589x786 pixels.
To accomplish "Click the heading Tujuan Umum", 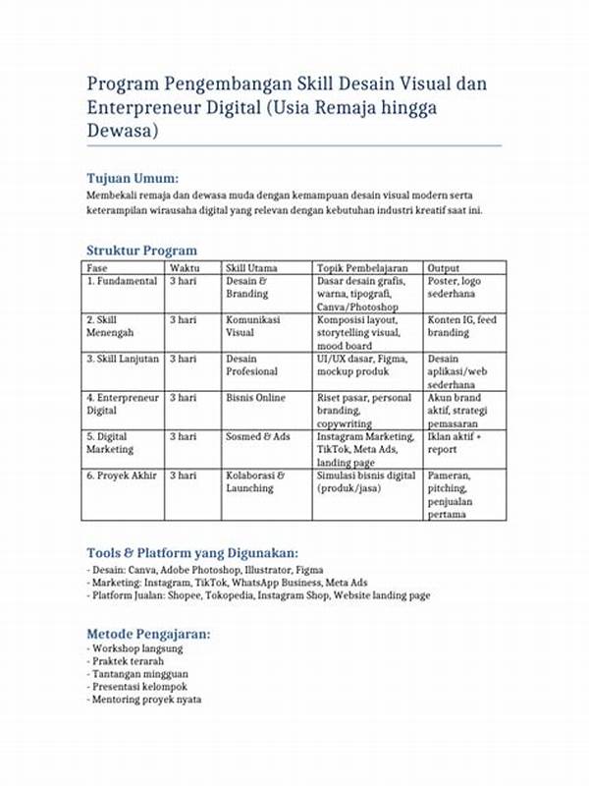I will tap(133, 178).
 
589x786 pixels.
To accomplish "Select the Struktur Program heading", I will tap(141, 251).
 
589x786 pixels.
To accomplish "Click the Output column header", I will tap(444, 267).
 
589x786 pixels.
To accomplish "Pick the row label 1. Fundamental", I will tap(122, 281).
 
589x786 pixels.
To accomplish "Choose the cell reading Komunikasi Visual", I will tap(253, 326).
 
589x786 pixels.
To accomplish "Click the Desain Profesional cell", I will tap(252, 365).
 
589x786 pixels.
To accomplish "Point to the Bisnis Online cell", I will tap(255, 398).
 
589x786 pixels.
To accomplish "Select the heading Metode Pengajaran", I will tap(148, 634).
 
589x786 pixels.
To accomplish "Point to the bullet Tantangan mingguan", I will tap(138, 675).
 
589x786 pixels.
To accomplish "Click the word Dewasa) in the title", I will tap(123, 130).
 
